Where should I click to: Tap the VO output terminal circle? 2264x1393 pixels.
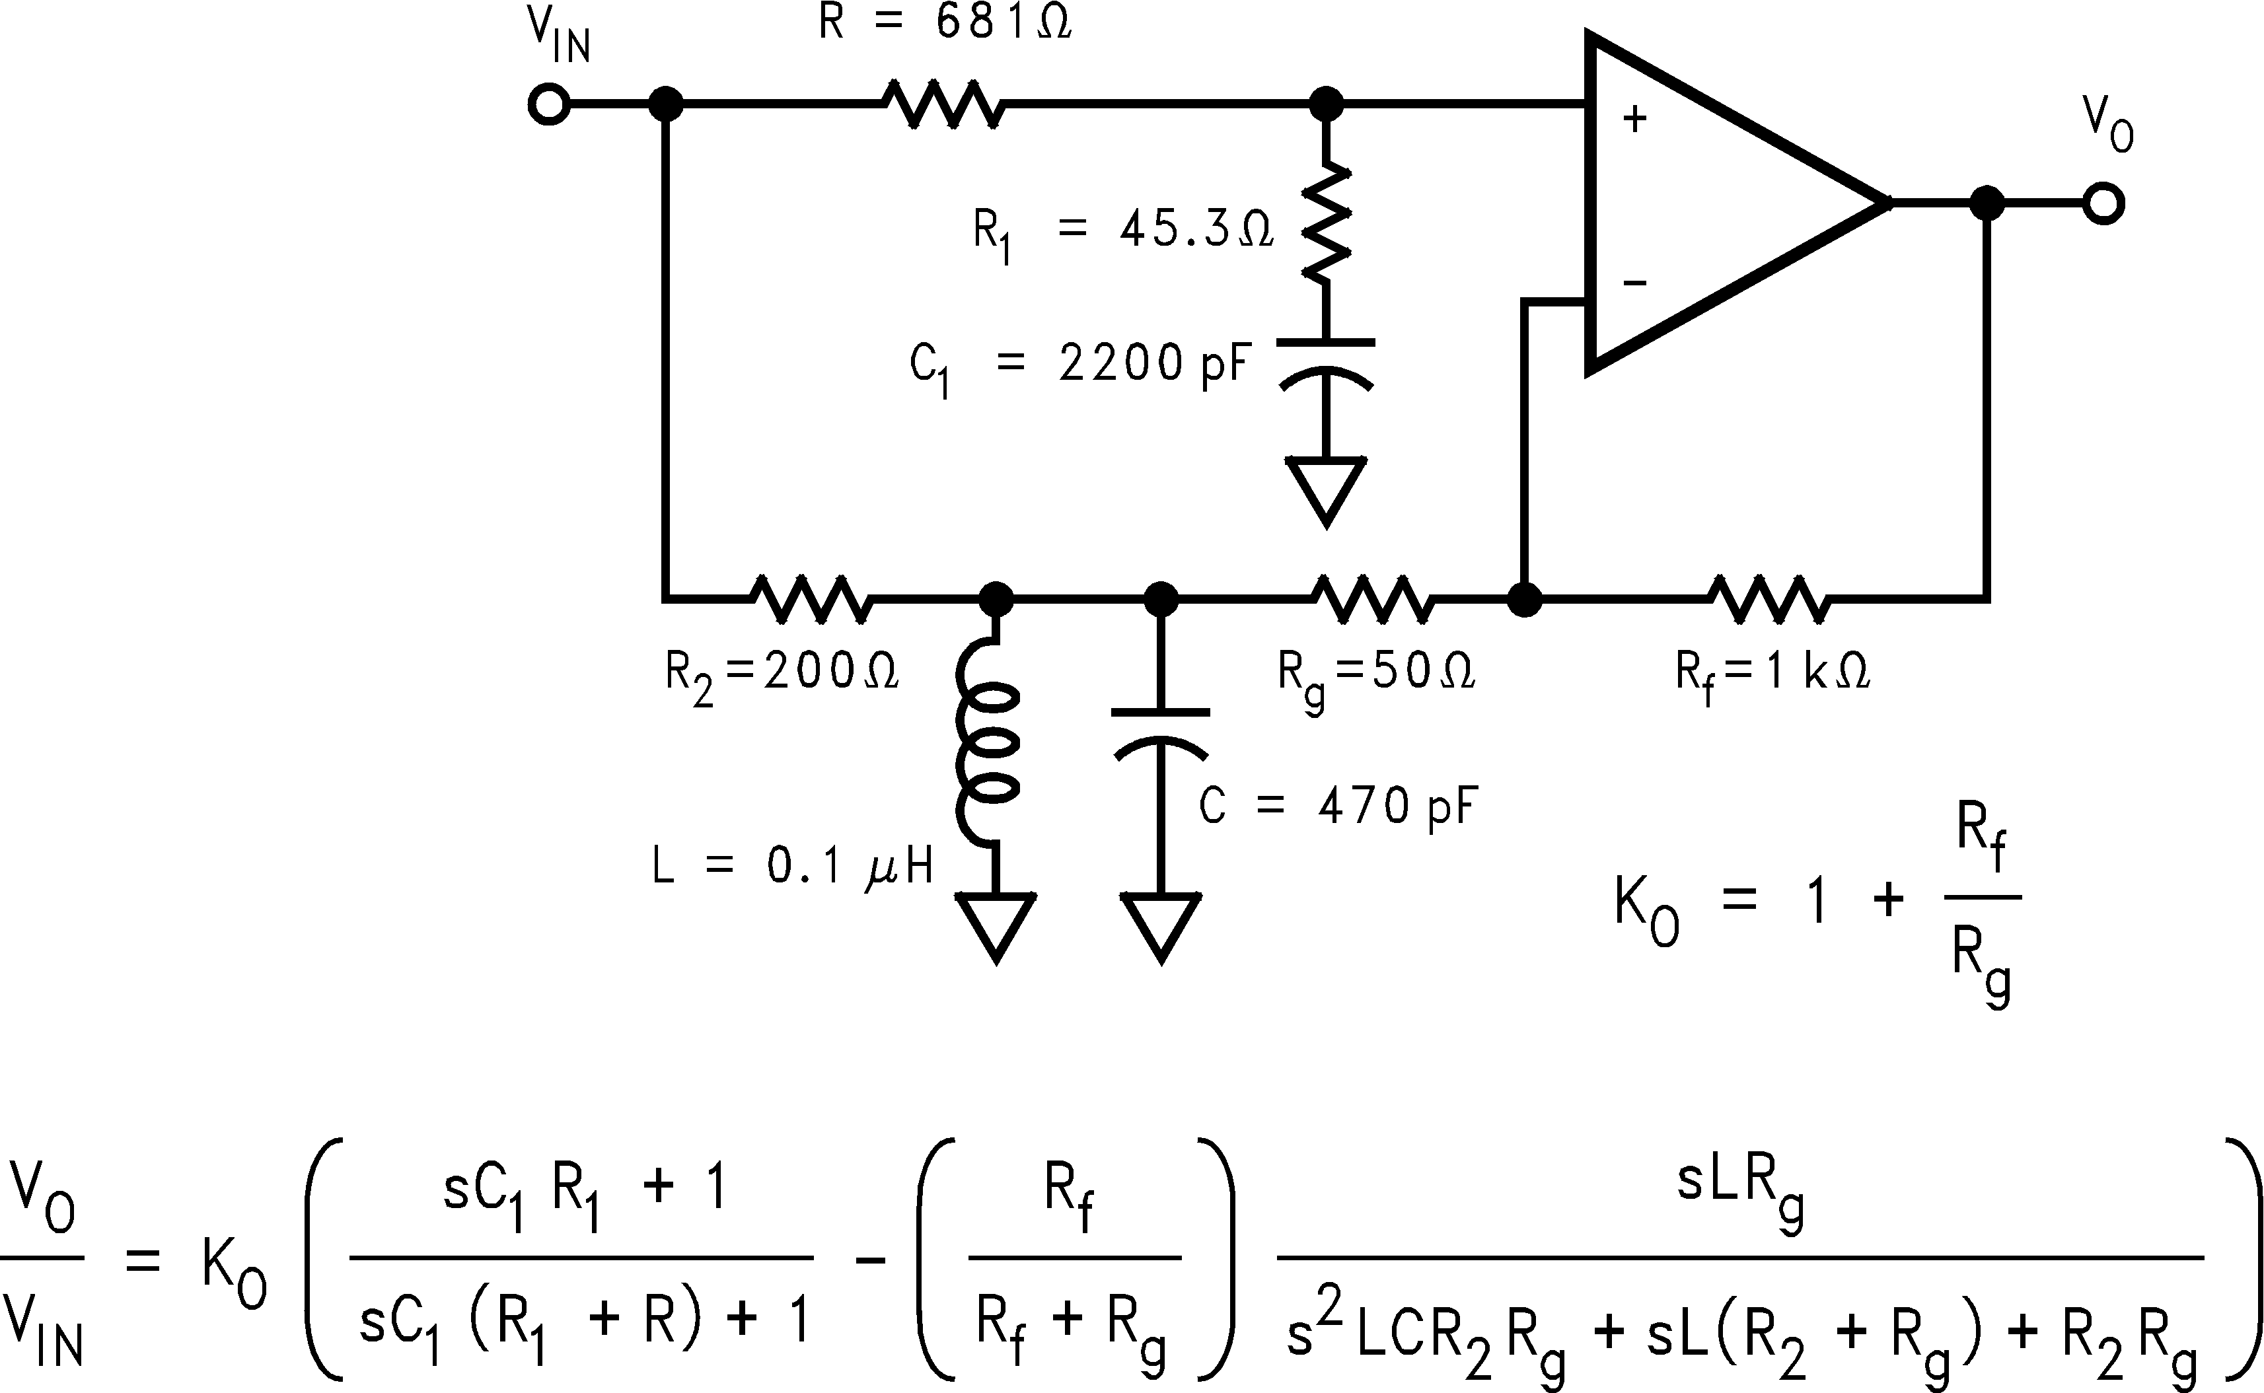coord(2103,203)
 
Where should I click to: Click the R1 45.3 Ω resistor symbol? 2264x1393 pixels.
coord(1326,224)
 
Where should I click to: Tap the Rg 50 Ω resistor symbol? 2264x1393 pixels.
coord(1373,599)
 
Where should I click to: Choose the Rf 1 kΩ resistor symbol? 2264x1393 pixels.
coord(1769,599)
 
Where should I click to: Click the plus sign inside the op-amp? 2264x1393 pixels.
coord(1634,119)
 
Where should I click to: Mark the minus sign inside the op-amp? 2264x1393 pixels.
coord(1634,282)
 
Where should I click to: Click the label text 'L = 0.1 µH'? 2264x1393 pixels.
coord(793,866)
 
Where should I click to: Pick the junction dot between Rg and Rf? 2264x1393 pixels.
coord(1525,600)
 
